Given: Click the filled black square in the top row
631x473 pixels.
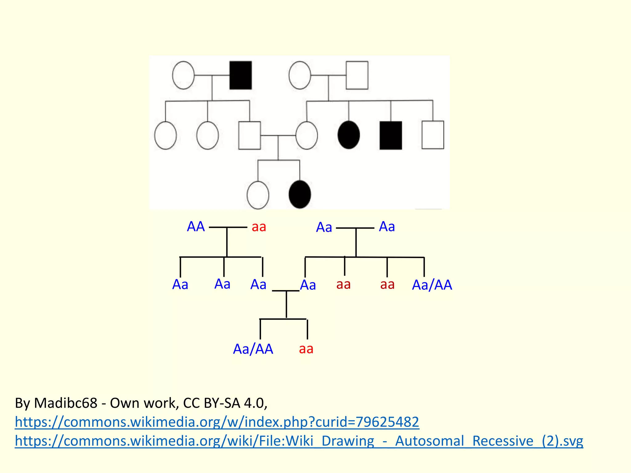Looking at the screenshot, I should tap(241, 75).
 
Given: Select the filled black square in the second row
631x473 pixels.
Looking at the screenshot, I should tap(391, 135).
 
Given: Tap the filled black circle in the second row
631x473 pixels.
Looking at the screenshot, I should tap(349, 135).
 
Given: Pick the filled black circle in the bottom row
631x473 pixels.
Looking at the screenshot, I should tap(300, 194).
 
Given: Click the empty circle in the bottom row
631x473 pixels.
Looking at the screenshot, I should tap(258, 195).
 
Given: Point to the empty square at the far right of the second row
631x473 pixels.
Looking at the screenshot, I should tap(433, 135).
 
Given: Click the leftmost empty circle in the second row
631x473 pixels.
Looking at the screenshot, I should tap(165, 135).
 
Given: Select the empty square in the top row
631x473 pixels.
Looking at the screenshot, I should tap(357, 75).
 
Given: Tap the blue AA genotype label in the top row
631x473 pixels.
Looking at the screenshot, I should tap(196, 227).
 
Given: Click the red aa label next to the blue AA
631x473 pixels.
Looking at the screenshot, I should tap(259, 227).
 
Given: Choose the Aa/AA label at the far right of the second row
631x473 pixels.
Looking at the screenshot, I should tap(432, 285).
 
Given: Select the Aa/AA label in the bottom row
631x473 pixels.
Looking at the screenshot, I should tap(253, 349).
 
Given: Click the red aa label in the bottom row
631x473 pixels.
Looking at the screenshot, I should tap(306, 349).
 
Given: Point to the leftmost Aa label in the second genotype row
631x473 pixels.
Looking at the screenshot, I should tap(180, 285).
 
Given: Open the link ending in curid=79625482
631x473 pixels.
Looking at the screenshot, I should tap(217, 422).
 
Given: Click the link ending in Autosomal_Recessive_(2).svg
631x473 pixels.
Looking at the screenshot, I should tap(299, 441).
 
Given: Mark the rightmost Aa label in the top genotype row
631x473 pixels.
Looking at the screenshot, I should tap(387, 227).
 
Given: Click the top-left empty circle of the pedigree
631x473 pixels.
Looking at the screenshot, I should tap(183, 75).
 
